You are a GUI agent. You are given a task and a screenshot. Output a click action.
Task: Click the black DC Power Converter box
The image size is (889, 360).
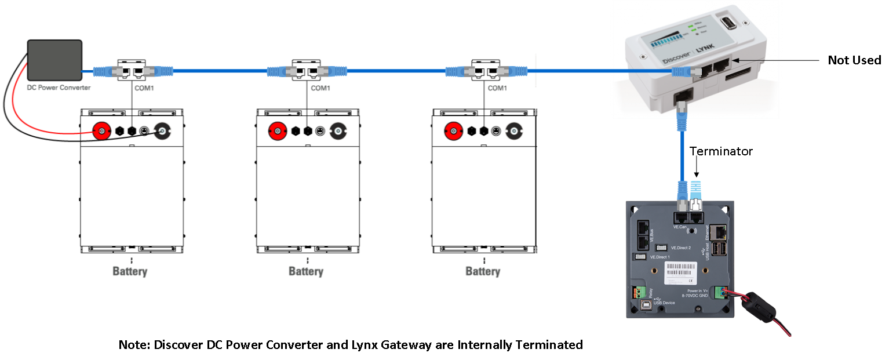[x=55, y=60]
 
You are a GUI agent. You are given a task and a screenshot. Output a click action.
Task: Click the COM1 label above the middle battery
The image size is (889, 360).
[x=320, y=88]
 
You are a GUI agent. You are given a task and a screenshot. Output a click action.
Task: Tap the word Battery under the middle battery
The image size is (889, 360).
[x=306, y=271]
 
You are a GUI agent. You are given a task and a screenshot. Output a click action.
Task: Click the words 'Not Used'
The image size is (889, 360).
[x=854, y=60]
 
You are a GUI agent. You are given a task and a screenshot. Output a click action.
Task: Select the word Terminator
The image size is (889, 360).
[x=721, y=151]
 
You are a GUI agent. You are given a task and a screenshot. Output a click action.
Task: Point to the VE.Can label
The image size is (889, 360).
[x=680, y=227]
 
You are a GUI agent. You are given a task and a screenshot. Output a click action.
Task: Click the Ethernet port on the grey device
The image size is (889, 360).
[x=719, y=232]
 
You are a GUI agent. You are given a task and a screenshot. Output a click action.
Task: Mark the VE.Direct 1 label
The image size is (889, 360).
[x=660, y=257]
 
